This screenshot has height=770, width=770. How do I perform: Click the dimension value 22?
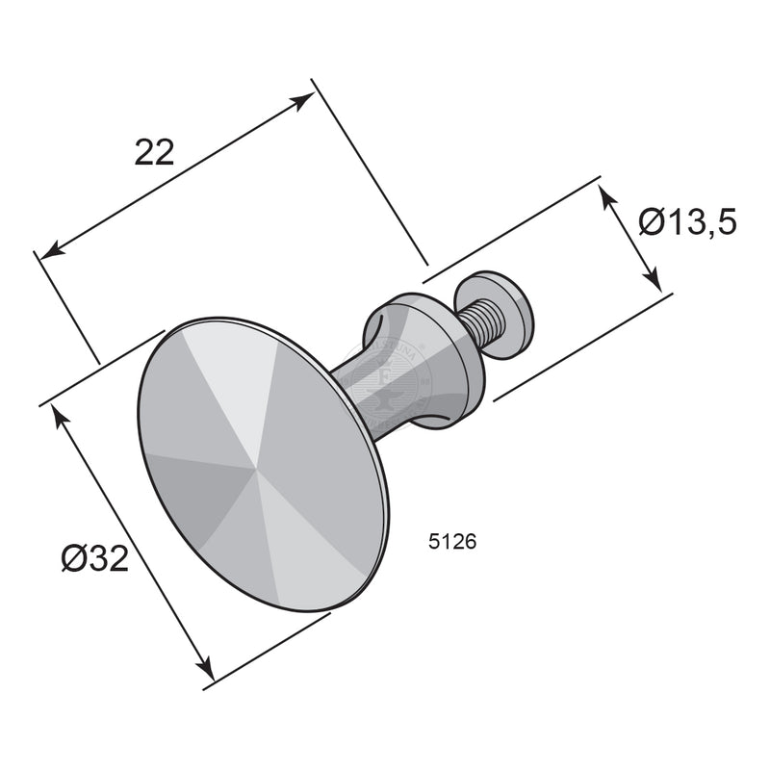[x=154, y=152]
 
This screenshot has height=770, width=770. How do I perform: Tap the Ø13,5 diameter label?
[x=687, y=223]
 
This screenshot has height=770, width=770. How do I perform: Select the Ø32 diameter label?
[x=93, y=558]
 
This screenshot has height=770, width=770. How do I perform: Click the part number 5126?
[x=451, y=542]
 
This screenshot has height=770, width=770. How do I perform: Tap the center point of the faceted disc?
[x=258, y=471]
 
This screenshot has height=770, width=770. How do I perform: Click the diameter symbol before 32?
[x=73, y=558]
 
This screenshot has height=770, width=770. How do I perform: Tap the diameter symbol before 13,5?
[x=652, y=223]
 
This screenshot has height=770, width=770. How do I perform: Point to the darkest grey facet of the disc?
[x=197, y=491]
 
